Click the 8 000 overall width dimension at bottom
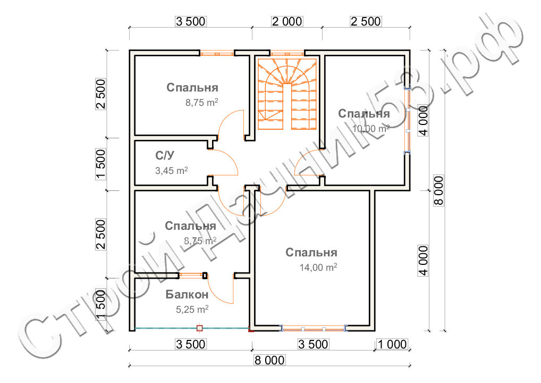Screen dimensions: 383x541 [270, 360]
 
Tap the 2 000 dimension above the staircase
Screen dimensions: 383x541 [287, 21]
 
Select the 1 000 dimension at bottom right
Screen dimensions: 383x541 [392, 344]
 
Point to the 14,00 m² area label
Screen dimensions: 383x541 [319, 268]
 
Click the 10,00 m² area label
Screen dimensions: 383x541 [371, 128]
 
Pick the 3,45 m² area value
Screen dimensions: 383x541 [171, 171]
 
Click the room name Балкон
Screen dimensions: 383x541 [187, 294]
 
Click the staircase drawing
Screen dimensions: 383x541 [287, 93]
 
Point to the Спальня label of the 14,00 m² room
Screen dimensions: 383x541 [311, 252]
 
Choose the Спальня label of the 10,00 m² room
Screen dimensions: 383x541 [364, 114]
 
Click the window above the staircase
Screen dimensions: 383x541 [287, 53]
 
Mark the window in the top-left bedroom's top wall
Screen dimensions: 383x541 [217, 53]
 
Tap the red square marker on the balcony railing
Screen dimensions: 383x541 [200, 328]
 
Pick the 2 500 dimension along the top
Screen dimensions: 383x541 [366, 21]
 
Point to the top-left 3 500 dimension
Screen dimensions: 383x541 [190, 21]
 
